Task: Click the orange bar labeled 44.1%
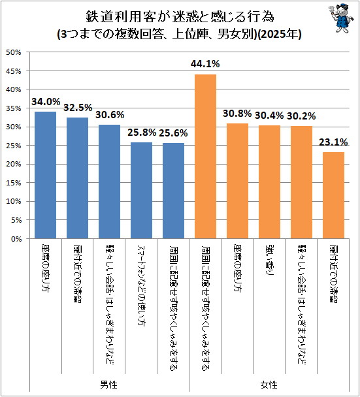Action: (205, 157)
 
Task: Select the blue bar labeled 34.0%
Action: (45, 175)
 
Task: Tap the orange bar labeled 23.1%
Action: (333, 195)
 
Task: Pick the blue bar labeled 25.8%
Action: (141, 191)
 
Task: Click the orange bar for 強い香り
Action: (269, 182)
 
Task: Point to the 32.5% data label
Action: (78, 108)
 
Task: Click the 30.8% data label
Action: (237, 114)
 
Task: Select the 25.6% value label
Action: (173, 133)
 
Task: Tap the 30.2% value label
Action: (301, 116)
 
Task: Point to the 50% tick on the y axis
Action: (14, 52)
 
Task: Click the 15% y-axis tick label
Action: (14, 183)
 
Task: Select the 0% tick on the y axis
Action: (16, 239)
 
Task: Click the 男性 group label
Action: (108, 385)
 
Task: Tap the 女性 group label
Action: (269, 385)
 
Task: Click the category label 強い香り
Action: (269, 260)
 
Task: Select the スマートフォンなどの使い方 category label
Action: (141, 285)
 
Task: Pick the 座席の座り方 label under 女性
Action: (237, 268)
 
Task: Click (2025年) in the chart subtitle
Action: (279, 34)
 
